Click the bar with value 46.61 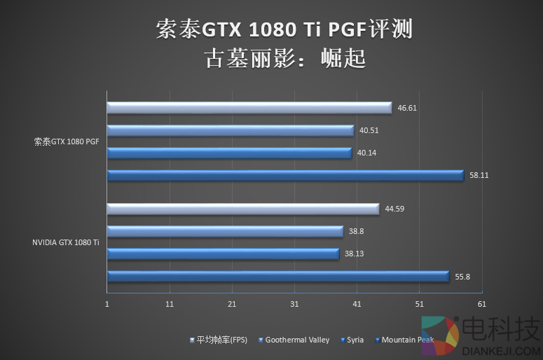tap(249, 108)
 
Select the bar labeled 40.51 tap(230, 130)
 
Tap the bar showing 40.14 tap(229, 153)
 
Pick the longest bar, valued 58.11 tap(285, 175)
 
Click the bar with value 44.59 tap(242, 209)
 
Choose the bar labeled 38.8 tap(224, 231)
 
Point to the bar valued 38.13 tap(222, 254)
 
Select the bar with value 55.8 tap(277, 277)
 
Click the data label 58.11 tap(479, 175)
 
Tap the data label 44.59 tap(395, 209)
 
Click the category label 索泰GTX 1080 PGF tap(67, 141)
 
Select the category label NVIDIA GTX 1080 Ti tap(65, 242)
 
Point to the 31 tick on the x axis tap(294, 304)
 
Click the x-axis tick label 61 tap(481, 304)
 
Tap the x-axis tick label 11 tap(170, 304)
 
